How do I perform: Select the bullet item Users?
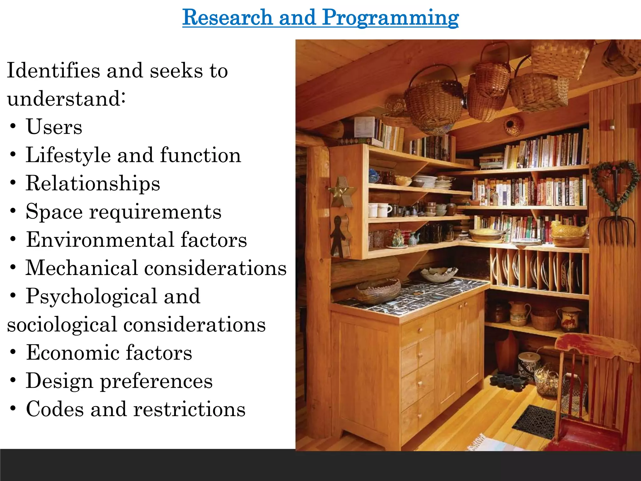point(54,127)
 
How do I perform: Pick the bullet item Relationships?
point(93,183)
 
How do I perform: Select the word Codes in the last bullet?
point(55,409)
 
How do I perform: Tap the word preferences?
point(156,381)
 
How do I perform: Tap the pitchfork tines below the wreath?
point(617,232)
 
